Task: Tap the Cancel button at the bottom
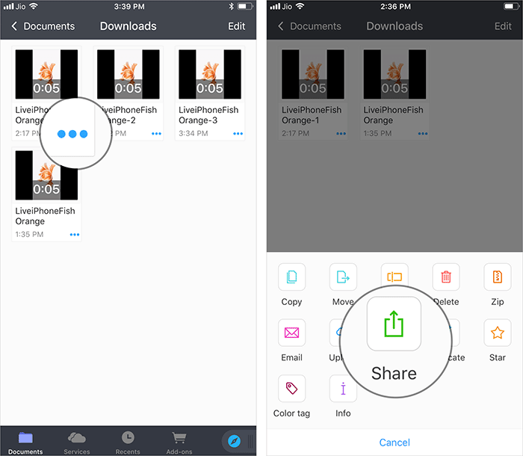[x=394, y=442]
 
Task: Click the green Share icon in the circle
[x=394, y=323]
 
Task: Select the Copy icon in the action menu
[x=291, y=277]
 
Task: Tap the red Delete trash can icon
[x=446, y=277]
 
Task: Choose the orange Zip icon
[x=498, y=277]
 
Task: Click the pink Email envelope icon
[x=291, y=333]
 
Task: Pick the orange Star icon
[x=498, y=333]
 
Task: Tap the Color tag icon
[x=291, y=388]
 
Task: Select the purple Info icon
[x=343, y=388]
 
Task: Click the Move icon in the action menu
[x=343, y=277]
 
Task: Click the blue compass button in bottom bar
[x=234, y=441]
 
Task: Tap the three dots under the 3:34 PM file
[x=239, y=133]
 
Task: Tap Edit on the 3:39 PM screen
[x=236, y=26]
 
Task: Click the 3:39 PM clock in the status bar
[x=129, y=6]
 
